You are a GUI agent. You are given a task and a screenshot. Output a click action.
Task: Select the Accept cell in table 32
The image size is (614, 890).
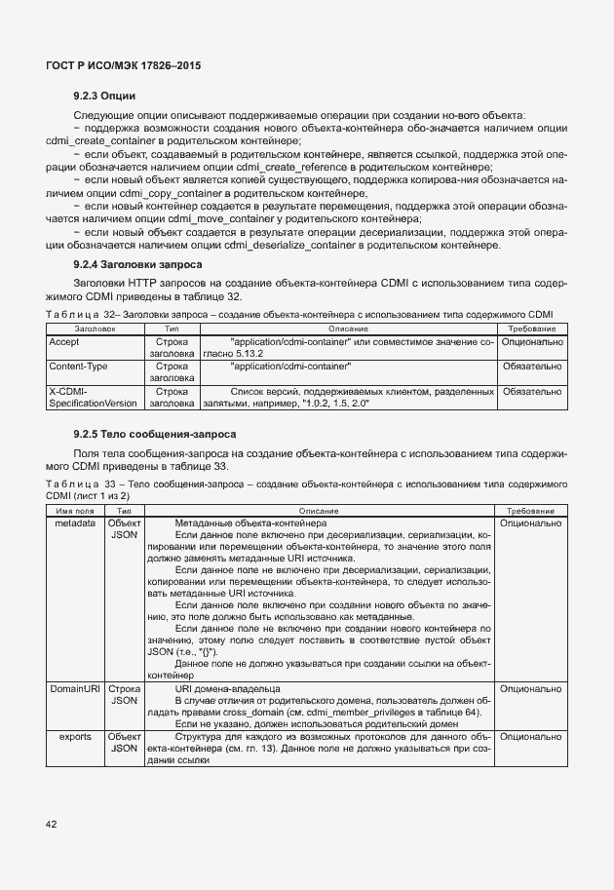(x=64, y=343)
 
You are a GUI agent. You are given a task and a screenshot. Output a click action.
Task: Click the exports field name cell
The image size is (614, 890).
(x=74, y=737)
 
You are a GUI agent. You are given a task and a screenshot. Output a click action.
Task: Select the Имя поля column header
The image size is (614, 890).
(x=74, y=511)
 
